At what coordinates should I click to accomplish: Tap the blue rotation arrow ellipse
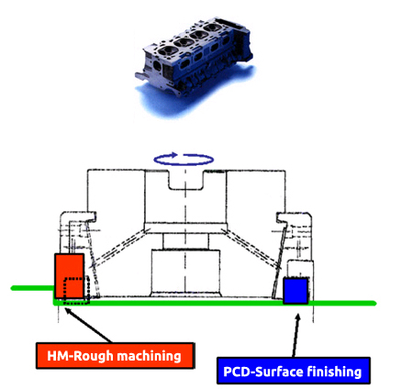(184, 165)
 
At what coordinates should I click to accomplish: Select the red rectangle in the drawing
(69, 275)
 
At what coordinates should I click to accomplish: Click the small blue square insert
(295, 291)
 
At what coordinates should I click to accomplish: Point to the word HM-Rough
(80, 356)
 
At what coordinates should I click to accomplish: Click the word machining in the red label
(150, 357)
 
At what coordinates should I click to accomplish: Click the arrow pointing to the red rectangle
(89, 325)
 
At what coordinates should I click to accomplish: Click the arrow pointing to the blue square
(295, 335)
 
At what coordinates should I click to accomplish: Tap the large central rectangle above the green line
(185, 272)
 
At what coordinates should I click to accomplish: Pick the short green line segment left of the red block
(33, 288)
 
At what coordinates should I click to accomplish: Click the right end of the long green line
(374, 303)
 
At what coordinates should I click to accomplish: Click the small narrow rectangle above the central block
(185, 241)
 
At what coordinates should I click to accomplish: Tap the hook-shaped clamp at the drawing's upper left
(78, 217)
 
